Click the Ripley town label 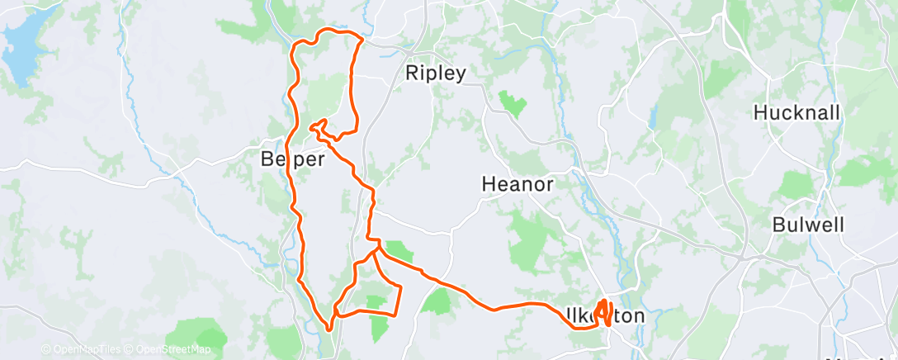point(436,73)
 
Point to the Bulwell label point(808,224)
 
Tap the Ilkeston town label point(607,316)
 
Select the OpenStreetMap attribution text point(170,349)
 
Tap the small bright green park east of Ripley point(513,104)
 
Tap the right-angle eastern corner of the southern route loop point(401,287)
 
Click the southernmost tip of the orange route point(329,329)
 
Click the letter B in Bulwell point(779,224)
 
